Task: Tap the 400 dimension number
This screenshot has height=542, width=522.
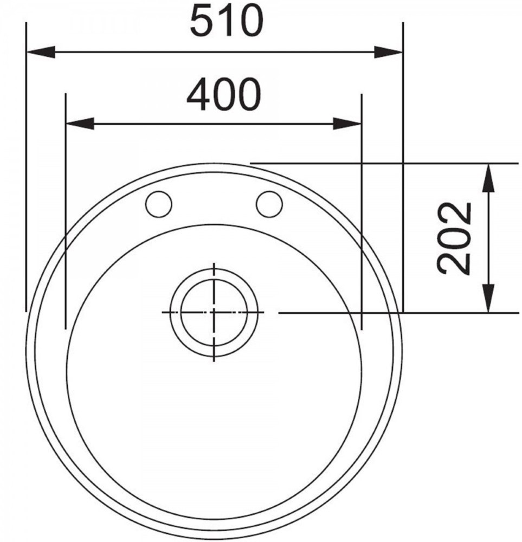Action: (x=223, y=94)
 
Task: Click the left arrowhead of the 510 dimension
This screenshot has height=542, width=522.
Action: (x=41, y=52)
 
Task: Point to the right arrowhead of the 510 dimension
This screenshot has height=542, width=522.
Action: (x=389, y=52)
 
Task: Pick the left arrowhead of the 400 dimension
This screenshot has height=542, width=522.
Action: (x=80, y=124)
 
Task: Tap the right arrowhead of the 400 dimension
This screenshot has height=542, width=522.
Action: (x=347, y=124)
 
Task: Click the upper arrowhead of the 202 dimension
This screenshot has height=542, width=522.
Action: (x=488, y=178)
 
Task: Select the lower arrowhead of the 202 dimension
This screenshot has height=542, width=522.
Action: (x=488, y=298)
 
